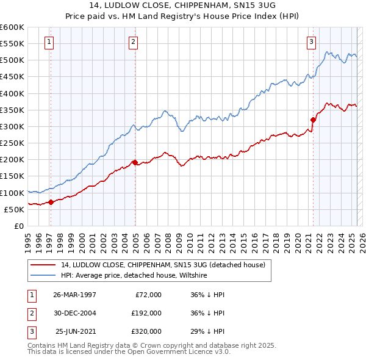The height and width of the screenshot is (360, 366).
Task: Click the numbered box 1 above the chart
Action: (48, 42)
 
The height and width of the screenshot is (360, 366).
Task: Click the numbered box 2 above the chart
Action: (133, 42)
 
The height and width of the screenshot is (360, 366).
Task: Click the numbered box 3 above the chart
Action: (311, 42)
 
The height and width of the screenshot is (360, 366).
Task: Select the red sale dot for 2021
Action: (313, 120)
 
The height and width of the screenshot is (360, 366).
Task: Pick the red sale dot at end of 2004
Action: (135, 162)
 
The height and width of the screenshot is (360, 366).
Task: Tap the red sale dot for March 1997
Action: (51, 202)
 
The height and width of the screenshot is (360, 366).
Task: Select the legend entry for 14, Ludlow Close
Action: (163, 265)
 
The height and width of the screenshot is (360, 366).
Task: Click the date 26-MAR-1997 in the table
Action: (74, 295)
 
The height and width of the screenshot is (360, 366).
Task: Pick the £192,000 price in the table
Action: (146, 313)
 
